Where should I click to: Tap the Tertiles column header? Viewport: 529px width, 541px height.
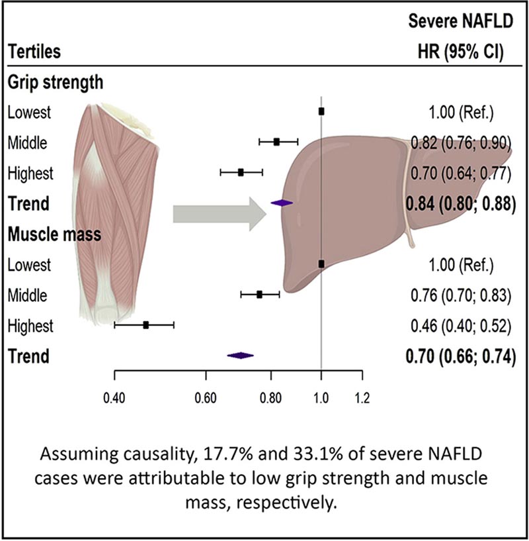tap(30, 50)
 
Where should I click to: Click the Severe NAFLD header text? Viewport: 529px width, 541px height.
tap(462, 23)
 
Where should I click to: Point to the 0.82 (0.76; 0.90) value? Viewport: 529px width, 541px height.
tap(462, 142)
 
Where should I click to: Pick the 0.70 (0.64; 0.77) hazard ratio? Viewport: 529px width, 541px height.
tap(462, 173)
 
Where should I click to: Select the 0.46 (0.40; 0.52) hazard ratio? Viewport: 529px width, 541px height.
tap(462, 326)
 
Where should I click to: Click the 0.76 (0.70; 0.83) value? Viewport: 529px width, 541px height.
tap(462, 295)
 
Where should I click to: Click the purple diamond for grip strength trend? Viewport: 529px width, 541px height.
tap(282, 203)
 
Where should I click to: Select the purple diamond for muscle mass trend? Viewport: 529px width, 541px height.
tap(240, 356)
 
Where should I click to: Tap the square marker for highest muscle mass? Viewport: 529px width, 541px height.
tap(145, 325)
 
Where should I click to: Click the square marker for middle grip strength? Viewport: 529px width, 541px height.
tap(276, 142)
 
